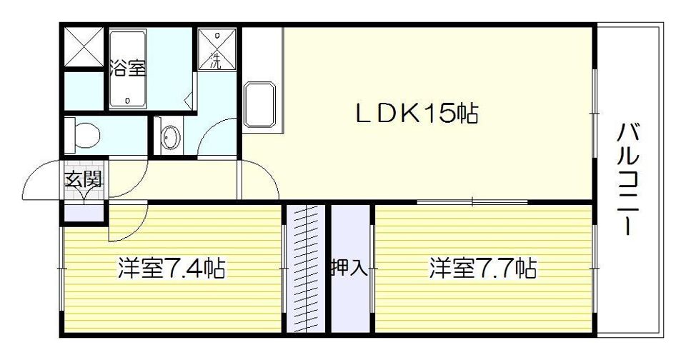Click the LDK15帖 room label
tap(416, 114)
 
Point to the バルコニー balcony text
tap(629, 179)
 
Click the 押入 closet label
tap(349, 267)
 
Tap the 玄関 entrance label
tap(84, 179)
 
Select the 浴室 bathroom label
tap(128, 69)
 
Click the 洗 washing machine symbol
tap(217, 49)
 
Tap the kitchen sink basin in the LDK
tap(260, 104)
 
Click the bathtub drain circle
tap(127, 100)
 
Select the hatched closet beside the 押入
tap(306, 269)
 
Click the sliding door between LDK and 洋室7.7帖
tap(472, 201)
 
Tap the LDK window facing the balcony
tap(595, 113)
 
